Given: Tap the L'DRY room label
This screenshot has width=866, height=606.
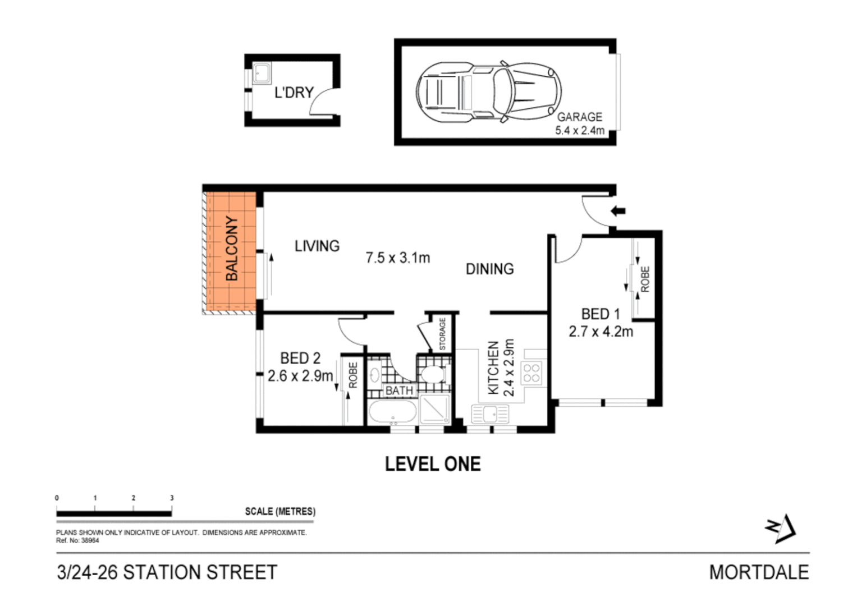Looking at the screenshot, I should (293, 93).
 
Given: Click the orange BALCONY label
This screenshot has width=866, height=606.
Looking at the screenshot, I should (231, 249).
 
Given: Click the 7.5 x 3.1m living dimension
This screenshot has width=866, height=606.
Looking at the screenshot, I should (397, 258).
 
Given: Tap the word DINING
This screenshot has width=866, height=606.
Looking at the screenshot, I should (489, 269).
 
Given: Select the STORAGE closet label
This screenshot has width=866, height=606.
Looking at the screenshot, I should (442, 334).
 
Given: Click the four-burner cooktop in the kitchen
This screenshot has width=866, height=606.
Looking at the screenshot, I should (531, 373).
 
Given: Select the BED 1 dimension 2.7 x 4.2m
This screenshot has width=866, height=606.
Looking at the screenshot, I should (601, 332).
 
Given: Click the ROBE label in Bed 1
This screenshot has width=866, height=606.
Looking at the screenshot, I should (645, 279).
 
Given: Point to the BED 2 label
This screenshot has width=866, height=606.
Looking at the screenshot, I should (300, 358).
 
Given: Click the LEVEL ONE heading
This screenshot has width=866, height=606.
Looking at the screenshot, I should (433, 464).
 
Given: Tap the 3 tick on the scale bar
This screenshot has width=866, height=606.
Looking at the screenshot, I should (172, 498).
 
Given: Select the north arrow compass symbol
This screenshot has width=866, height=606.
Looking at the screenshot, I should (781, 528).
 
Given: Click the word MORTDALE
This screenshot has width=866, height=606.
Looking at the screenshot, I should (759, 572).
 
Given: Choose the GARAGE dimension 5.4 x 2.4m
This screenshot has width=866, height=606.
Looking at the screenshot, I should (580, 131).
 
